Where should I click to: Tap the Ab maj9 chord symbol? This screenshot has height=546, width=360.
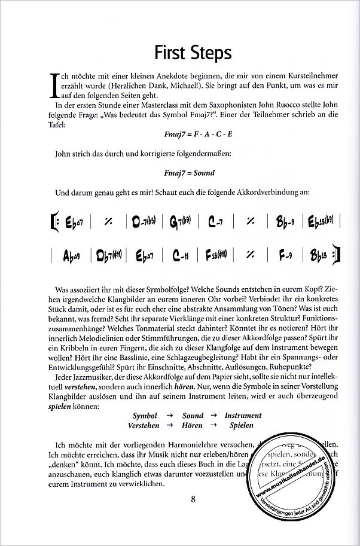pyautogui.click(x=72, y=256)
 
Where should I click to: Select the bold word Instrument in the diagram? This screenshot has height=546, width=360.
pyautogui.click(x=243, y=415)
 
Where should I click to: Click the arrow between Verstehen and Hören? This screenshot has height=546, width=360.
pyautogui.click(x=170, y=425)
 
